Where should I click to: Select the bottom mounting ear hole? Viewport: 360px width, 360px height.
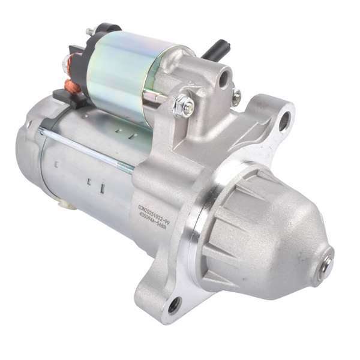pos(174,305)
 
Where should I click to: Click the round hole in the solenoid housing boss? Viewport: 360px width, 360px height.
pos(224,77)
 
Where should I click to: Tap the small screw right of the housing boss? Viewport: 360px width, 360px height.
pos(237,96)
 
